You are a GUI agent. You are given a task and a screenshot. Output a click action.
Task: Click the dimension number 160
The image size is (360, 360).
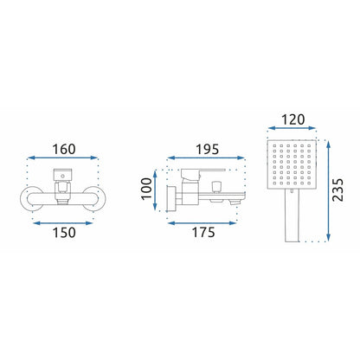pyautogui.click(x=64, y=149)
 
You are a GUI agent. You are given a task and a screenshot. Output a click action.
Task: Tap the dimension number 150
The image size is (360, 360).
pyautogui.click(x=64, y=233)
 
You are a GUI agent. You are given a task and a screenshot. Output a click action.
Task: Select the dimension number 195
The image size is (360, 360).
pyautogui.click(x=208, y=150)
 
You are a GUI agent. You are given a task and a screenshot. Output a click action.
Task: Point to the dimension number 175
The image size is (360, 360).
pyautogui.click(x=203, y=233)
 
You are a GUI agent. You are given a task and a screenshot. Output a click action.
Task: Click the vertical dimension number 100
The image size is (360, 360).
pyautogui.click(x=146, y=189)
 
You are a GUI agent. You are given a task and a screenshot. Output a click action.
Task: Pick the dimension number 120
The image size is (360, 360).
pyautogui.click(x=292, y=119)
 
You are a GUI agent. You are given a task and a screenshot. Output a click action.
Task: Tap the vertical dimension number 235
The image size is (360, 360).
pyautogui.click(x=338, y=190)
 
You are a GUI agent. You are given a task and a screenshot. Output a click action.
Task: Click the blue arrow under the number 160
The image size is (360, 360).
pyautogui.click(x=63, y=157)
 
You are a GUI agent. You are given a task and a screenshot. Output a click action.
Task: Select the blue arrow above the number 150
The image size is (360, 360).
pyautogui.click(x=63, y=222)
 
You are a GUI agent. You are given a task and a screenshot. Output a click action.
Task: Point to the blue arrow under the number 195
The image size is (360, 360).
pyautogui.click(x=206, y=157)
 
